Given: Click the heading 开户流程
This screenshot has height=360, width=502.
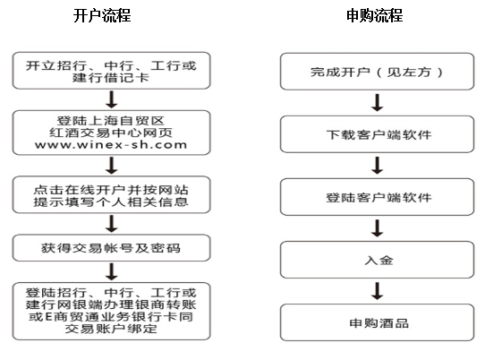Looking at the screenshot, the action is [102, 15].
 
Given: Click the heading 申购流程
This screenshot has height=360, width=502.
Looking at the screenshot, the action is [375, 15].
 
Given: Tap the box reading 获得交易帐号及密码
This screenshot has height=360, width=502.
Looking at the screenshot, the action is [112, 248].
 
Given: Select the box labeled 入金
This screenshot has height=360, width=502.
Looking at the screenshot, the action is [377, 260].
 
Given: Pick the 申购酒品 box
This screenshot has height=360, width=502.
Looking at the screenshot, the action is [377, 322].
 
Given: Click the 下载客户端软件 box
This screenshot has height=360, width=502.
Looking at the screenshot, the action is [377, 134].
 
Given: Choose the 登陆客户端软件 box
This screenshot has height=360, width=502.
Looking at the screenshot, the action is [377, 197].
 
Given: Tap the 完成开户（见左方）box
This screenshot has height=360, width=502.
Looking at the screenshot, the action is [377, 72].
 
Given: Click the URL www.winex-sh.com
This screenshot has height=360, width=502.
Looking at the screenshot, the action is [111, 145].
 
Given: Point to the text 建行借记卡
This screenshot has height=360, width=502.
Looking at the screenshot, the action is [111, 78].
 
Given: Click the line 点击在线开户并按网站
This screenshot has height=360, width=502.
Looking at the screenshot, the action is [111, 190].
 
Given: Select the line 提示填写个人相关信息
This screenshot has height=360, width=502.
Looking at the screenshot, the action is [111, 201].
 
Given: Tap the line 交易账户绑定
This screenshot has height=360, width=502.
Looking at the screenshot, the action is [111, 329].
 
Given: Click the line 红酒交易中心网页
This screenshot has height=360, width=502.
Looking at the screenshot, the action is [111, 133].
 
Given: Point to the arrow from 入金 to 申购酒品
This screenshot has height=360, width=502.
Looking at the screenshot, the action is [378, 291].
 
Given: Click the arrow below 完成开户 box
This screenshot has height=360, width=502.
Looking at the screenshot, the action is [378, 102].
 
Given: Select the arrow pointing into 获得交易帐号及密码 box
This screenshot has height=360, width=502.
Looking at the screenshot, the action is [112, 224].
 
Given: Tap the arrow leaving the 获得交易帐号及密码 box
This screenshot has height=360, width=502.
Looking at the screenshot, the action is [112, 271].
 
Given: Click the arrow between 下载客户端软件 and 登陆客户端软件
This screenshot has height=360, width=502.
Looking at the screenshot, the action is [378, 166].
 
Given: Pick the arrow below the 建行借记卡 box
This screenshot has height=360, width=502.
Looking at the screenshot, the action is [112, 99].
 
